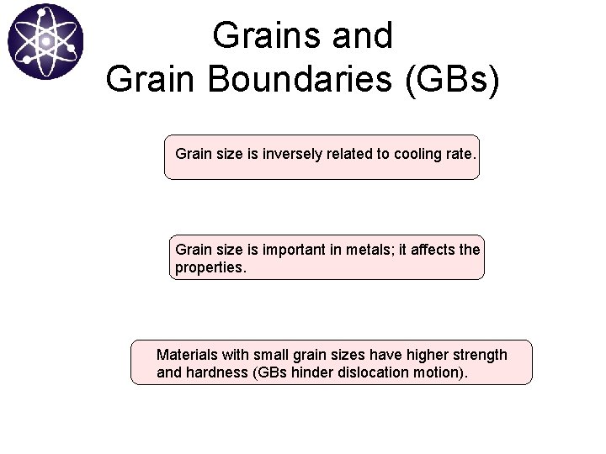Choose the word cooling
coord(417,155)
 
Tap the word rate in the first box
coord(460,155)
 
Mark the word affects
coord(431,250)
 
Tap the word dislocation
coord(372,372)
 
